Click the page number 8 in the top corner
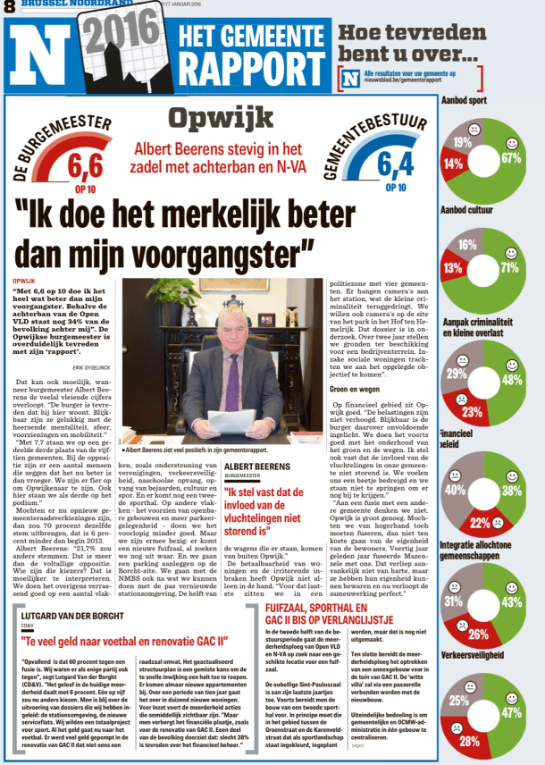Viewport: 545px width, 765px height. click(x=9, y=7)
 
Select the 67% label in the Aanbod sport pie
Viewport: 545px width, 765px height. click(x=510, y=158)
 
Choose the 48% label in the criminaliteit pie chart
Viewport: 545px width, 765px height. click(x=513, y=379)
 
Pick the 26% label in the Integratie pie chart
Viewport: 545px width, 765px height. click(x=478, y=635)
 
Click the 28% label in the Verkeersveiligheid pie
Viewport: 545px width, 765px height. click(x=470, y=741)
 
